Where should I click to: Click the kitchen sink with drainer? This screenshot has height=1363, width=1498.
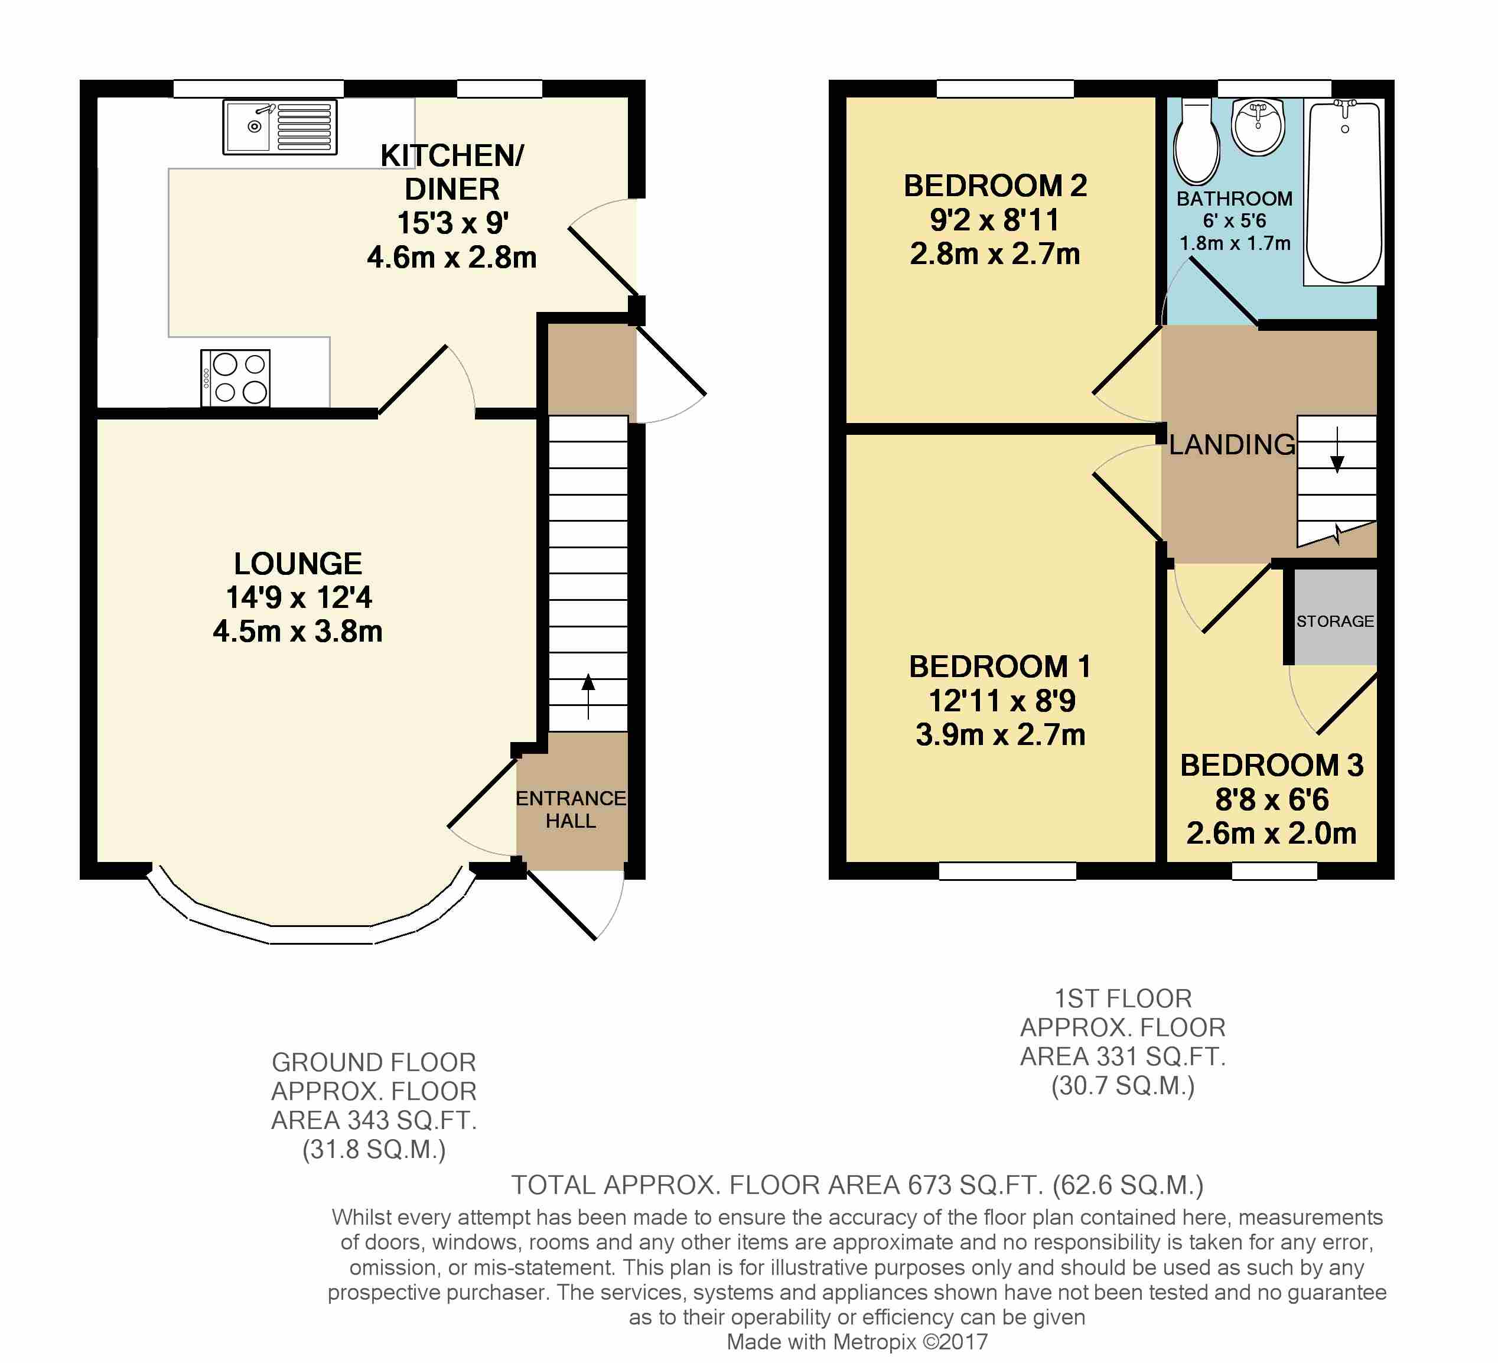click(x=279, y=127)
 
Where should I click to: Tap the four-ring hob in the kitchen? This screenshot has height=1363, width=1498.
click(x=236, y=378)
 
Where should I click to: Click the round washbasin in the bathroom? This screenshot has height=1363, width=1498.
click(x=1258, y=126)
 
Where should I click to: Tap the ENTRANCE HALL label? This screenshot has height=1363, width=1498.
click(x=571, y=809)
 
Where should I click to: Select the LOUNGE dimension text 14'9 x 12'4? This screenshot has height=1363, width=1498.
click(x=299, y=597)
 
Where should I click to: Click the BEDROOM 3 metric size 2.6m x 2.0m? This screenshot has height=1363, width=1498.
click(x=1271, y=833)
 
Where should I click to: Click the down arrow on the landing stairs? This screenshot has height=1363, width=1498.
click(x=1337, y=451)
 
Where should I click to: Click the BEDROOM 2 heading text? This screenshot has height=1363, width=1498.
click(x=995, y=186)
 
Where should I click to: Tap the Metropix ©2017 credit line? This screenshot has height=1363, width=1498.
click(x=857, y=1342)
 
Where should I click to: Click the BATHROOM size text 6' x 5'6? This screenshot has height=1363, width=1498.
click(x=1234, y=221)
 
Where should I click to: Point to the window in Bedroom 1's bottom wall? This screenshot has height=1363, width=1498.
click(x=1007, y=870)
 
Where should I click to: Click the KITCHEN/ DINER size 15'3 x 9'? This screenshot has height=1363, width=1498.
click(x=452, y=223)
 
